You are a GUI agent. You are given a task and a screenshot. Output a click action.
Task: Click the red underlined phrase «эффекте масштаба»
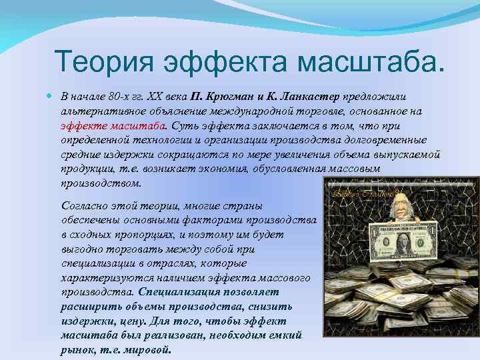[x=113, y=125]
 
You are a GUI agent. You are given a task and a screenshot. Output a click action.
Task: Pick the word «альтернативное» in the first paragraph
[x=99, y=111]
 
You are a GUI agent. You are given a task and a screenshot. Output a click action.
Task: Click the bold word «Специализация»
[x=175, y=292]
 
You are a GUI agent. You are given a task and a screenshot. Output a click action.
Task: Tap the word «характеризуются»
[x=100, y=278]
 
